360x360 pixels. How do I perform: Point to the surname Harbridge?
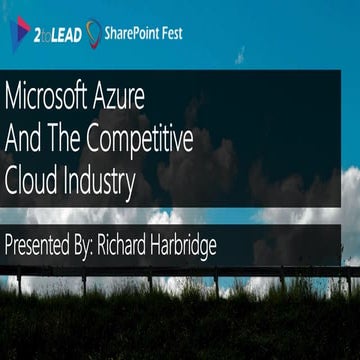188,246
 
